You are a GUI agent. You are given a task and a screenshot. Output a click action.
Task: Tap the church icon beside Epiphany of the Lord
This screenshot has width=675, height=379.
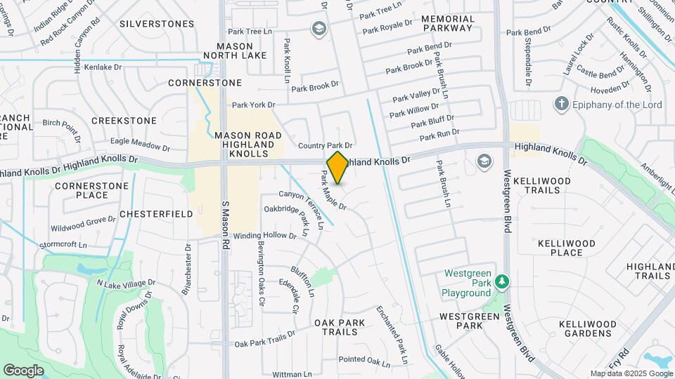coord(561,105)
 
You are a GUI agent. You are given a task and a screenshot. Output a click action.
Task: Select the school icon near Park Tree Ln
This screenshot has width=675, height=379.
coord(319,28)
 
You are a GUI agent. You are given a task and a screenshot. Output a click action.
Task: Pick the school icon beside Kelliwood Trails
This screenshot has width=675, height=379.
coord(484,161)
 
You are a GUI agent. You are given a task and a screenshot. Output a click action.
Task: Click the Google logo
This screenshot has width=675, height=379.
coord(23,371)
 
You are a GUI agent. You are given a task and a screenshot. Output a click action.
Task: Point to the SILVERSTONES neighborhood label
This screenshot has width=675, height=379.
coord(157,24)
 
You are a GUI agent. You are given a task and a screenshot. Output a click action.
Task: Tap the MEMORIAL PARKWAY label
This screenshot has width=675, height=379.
coord(448,23)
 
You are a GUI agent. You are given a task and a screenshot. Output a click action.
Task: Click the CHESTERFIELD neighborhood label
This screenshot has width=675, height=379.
coord(156,213)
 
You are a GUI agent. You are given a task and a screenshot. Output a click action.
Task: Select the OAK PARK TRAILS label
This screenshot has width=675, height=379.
coord(340,327)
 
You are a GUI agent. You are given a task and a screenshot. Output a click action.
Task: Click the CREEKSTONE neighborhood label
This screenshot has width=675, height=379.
coord(124,121)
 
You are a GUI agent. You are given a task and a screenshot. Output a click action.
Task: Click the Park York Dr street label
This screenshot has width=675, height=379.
coord(253,105)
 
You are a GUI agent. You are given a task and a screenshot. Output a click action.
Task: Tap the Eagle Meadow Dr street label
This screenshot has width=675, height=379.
coord(141,144)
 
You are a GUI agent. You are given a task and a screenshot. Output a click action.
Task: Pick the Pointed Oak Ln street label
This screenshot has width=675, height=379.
coord(364,361)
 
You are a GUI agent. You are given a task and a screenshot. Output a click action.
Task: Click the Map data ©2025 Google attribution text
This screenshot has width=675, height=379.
coord(631,373)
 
